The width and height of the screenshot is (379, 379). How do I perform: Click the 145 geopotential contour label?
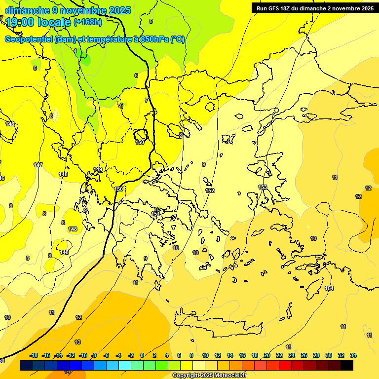pos(10,124)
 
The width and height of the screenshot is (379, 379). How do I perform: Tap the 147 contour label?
pos(38,165)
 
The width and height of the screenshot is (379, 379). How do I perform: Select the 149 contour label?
pos(98,169)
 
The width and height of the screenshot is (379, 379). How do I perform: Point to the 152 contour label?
pos(210,190)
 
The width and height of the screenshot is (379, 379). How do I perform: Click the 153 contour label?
pos(263,187)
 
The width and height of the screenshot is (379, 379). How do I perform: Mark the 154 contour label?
pos(329,288)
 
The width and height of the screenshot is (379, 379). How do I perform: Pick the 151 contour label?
pos(155,214)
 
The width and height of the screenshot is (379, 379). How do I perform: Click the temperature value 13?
pos(77,342)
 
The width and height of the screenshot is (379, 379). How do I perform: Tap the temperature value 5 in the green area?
pos(151,21)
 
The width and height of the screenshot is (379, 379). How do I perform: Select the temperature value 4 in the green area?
pos(75,51)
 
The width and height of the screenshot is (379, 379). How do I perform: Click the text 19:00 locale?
pos(38,22)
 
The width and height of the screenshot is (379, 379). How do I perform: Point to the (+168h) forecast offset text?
pos(87,22)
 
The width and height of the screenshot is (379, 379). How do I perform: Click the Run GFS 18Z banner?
pos(315,8)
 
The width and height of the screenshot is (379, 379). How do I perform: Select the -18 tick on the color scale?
pos(34,355)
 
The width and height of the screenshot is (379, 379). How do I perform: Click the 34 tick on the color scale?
pos(353,355)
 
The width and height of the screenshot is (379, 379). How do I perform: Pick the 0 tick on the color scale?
pos(142,355)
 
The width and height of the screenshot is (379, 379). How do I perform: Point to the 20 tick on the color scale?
pos(267,355)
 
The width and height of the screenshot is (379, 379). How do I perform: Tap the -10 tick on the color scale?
pos(82,355)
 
